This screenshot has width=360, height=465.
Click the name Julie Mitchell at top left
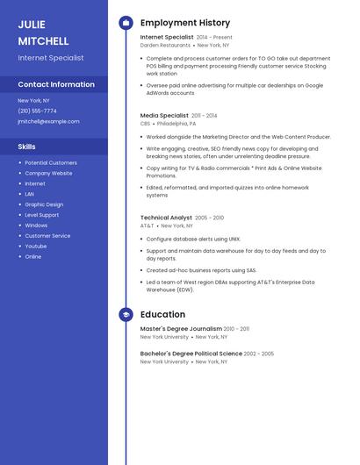[x=43, y=32]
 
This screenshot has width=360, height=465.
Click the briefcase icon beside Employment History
[x=126, y=23]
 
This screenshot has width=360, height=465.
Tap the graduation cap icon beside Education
[x=126, y=313]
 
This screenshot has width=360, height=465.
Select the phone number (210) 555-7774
[x=37, y=111]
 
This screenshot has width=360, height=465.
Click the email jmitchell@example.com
[x=48, y=121]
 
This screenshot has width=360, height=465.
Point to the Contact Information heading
[x=56, y=84]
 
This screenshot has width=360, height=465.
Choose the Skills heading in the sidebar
[x=27, y=147]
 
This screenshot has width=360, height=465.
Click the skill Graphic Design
[x=44, y=204]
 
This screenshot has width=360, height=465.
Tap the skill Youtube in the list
[x=36, y=246]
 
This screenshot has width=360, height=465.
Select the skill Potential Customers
[x=51, y=162]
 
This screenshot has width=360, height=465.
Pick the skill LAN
[x=30, y=194]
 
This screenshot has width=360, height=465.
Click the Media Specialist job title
[x=164, y=115]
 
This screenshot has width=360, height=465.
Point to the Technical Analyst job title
[x=166, y=218]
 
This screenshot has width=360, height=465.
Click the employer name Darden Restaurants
[x=165, y=45]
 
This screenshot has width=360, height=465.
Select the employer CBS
[x=146, y=124]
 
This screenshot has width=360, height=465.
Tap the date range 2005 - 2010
[x=209, y=218]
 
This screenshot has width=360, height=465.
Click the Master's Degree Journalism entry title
[x=181, y=329]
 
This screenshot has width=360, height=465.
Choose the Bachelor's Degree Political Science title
[x=191, y=354]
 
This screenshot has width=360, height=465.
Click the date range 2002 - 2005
[x=259, y=354]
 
